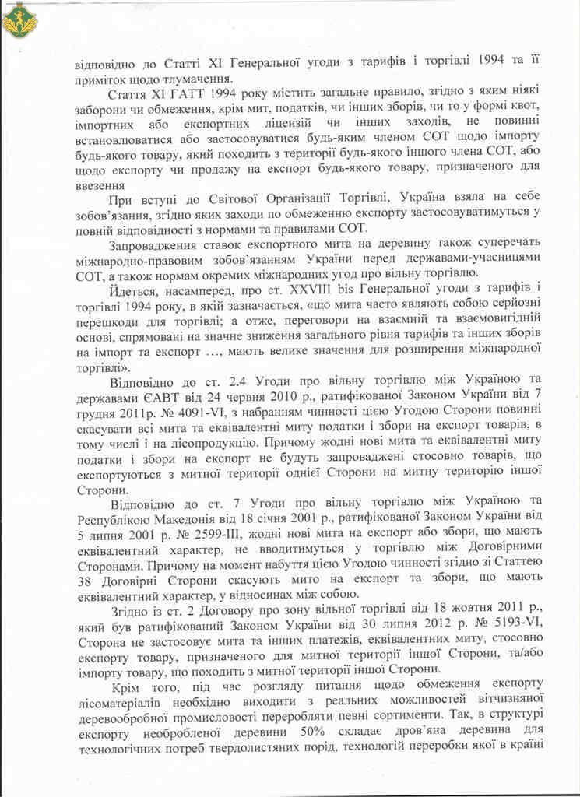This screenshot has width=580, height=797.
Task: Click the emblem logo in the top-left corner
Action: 20,19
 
